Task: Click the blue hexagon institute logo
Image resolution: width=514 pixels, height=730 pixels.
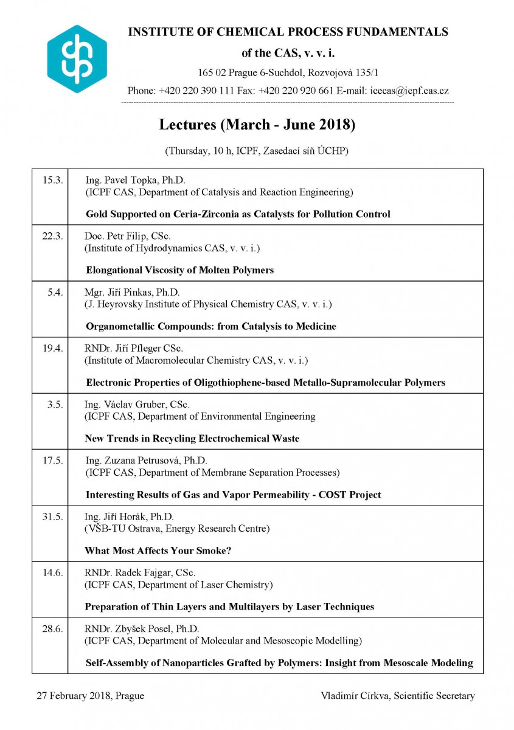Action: point(77,59)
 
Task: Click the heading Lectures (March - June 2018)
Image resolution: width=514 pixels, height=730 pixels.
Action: point(257,125)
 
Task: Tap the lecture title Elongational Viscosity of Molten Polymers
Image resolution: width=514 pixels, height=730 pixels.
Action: point(179,270)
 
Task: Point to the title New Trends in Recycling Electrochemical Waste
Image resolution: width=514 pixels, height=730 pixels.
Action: point(192,439)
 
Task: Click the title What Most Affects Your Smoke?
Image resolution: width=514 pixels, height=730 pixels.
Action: point(158,551)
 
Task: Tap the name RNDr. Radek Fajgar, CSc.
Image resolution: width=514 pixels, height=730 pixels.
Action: point(140,572)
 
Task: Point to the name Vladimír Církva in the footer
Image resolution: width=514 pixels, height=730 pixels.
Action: point(352,696)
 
